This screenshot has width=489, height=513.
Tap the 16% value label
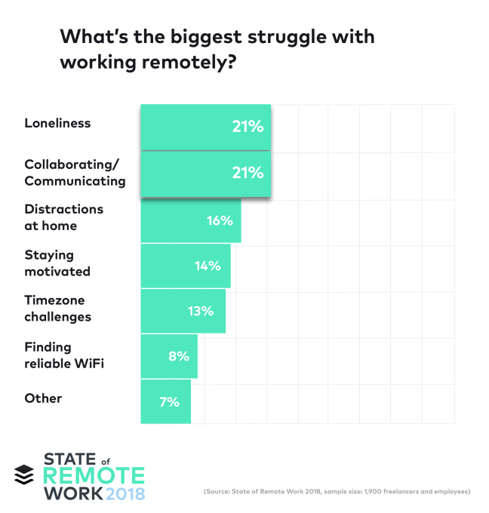point(220,221)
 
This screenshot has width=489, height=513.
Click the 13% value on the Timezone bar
point(201,311)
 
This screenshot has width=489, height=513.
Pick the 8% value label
point(179,355)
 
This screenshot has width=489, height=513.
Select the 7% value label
point(169,401)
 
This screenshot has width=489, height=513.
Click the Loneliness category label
point(57,123)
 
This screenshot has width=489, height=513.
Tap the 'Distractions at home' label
point(63,217)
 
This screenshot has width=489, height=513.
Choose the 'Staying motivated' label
point(57,263)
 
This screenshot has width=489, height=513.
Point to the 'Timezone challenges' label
point(58,309)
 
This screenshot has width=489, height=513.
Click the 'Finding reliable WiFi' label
point(63,355)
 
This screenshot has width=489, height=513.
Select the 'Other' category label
point(43,398)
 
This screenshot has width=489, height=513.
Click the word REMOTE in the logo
point(94,475)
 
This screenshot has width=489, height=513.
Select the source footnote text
point(337,492)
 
